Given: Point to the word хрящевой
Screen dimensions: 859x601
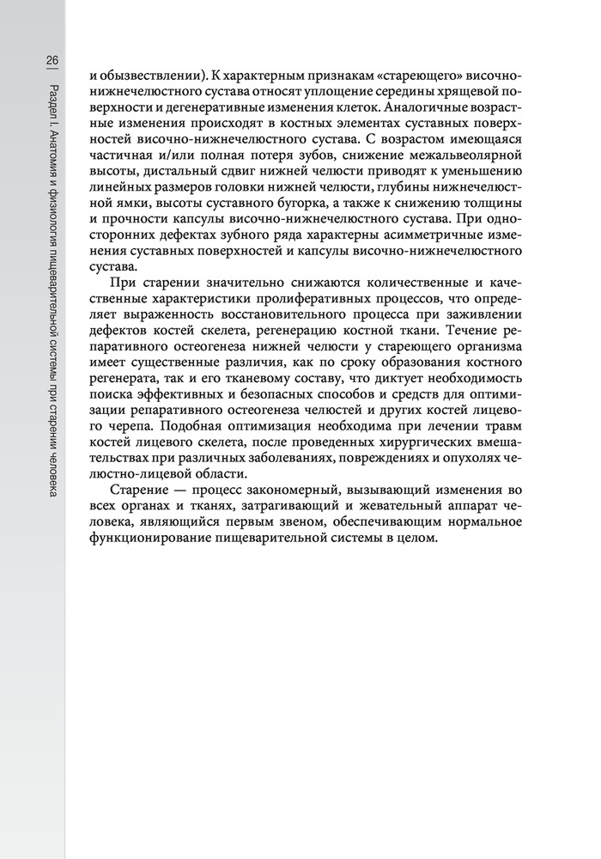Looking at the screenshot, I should click(446, 92).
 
